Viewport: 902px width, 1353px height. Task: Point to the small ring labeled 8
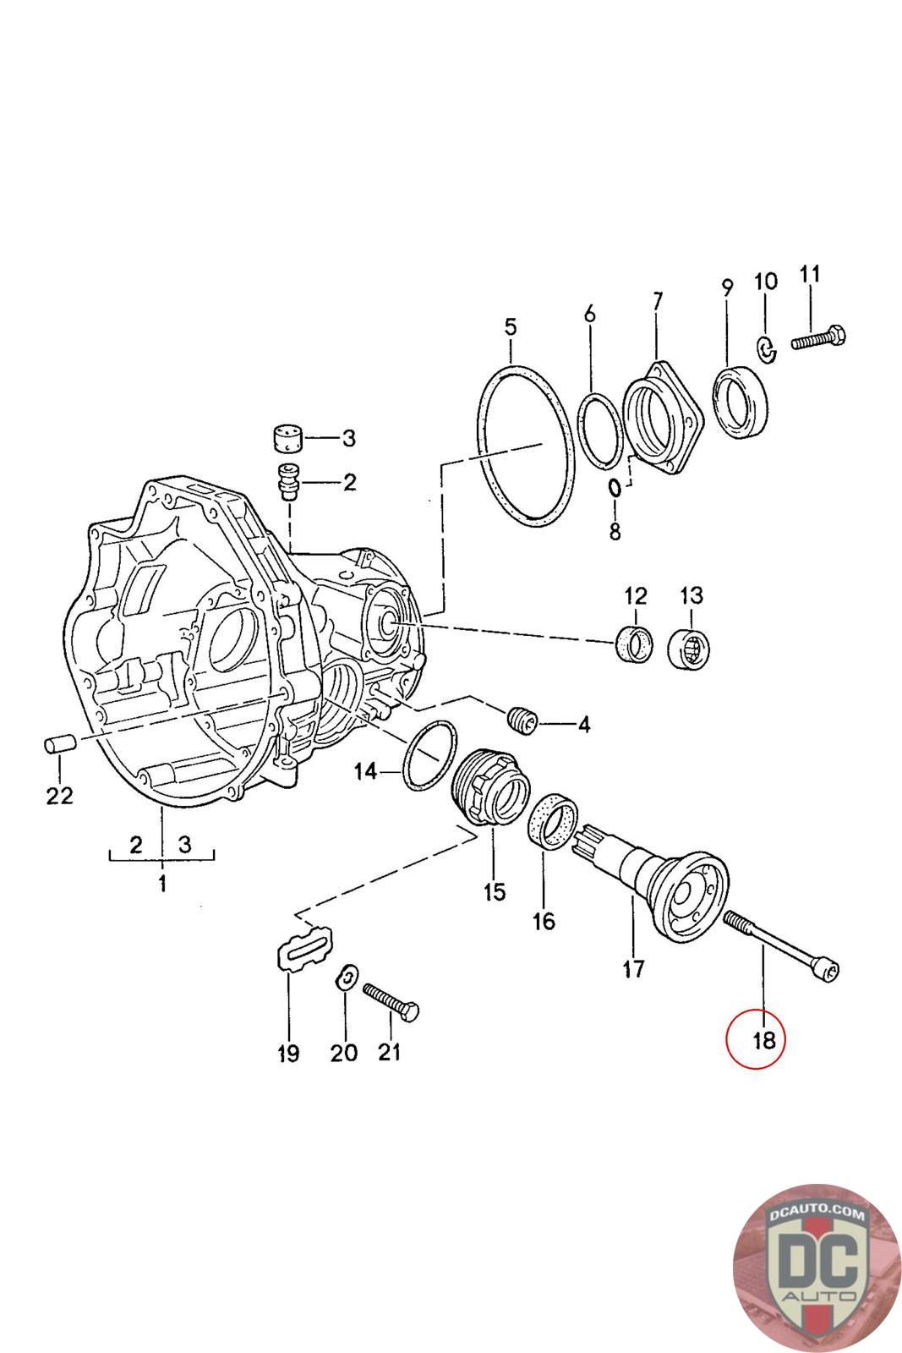click(x=615, y=488)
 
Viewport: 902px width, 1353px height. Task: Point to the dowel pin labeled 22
click(x=59, y=745)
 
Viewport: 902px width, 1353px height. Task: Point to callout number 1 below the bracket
click(x=161, y=885)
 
